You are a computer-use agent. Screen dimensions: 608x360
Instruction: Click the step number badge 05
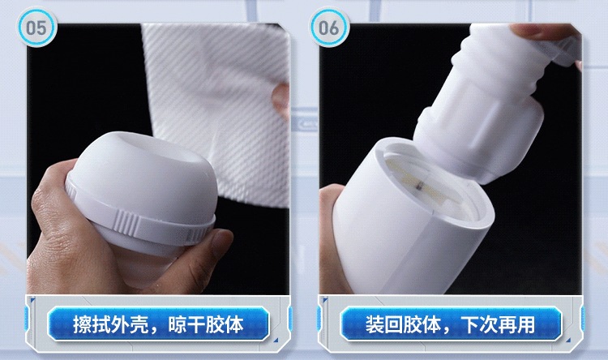(x=36, y=28)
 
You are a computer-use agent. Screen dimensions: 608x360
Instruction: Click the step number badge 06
(x=329, y=28)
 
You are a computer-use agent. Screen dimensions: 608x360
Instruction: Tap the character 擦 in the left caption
(x=83, y=324)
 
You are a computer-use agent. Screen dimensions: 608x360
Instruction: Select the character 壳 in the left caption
(x=139, y=324)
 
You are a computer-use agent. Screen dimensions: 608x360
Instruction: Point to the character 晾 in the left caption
(x=178, y=324)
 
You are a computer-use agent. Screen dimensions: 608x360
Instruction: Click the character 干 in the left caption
(x=196, y=324)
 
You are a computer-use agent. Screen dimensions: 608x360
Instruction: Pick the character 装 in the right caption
(x=375, y=324)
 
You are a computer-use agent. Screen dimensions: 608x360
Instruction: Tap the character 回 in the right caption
(x=394, y=324)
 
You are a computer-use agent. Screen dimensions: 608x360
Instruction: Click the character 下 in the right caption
(x=469, y=324)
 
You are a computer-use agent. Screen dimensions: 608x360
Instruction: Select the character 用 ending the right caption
(x=526, y=324)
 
